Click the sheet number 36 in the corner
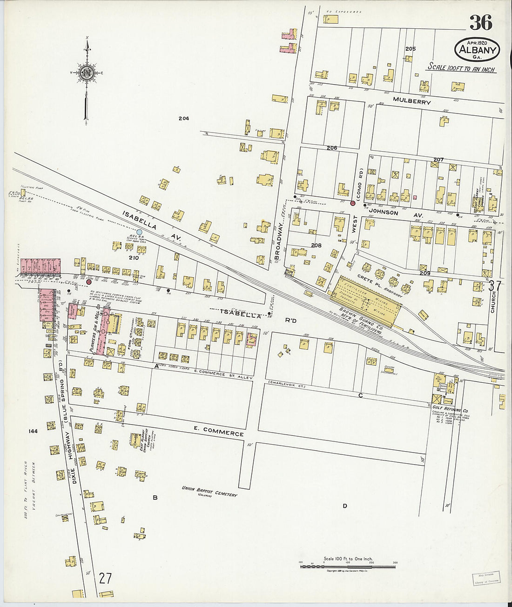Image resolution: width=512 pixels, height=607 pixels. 480,22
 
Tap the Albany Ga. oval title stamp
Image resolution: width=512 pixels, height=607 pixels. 477,49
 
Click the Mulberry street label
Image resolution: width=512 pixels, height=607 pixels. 411,101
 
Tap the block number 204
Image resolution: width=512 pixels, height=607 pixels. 183,119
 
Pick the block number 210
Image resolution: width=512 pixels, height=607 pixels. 134,257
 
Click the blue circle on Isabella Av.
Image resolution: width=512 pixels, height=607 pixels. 139,232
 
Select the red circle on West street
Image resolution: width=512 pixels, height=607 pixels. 353,203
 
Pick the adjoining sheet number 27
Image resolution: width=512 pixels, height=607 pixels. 105,578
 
